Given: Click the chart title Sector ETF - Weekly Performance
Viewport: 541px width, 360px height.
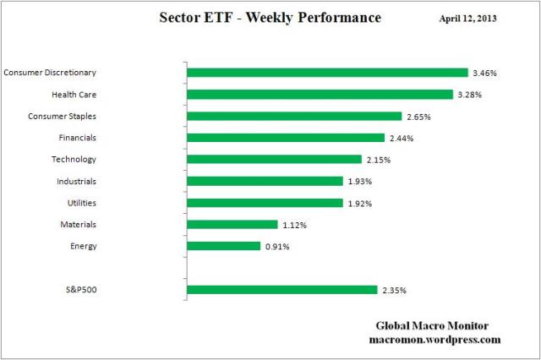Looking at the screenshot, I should tap(270, 18).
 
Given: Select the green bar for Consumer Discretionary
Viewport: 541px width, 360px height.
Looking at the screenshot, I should tap(327, 73).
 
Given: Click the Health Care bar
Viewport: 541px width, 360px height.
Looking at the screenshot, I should tap(320, 95).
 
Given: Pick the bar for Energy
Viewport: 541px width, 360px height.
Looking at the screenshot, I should tap(223, 246).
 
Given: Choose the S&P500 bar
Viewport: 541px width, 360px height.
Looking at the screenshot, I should tap(281, 290).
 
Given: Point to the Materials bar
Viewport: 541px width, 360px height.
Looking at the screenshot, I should tap(232, 225).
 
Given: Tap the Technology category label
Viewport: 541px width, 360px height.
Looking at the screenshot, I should tap(74, 159).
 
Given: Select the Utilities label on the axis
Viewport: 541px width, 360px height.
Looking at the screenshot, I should tap(80, 203).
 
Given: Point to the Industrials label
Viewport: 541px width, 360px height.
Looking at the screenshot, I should tap(76, 181).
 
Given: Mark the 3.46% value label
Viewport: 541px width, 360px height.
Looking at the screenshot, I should tap(484, 74).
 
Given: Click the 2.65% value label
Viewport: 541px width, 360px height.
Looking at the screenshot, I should tap(418, 117).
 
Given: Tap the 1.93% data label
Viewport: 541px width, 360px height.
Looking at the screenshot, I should tap(358, 182).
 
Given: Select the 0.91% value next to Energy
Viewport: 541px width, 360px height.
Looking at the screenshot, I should tap(276, 247).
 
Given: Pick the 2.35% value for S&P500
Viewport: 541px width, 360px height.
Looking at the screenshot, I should tap(393, 291).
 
